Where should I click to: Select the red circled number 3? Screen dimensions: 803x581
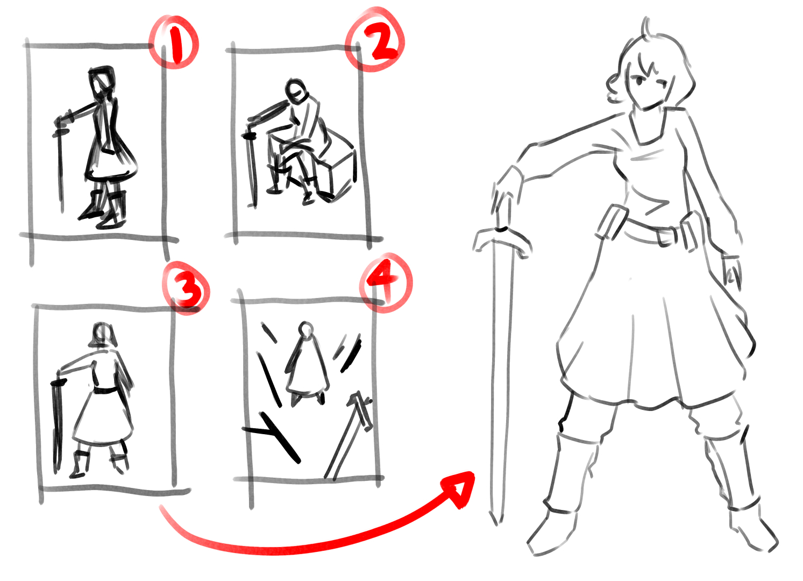tap(186, 287)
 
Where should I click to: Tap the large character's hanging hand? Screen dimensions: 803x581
tap(731, 271)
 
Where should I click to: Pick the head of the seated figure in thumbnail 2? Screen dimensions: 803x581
tap(296, 91)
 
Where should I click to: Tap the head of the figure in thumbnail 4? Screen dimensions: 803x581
tap(306, 329)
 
